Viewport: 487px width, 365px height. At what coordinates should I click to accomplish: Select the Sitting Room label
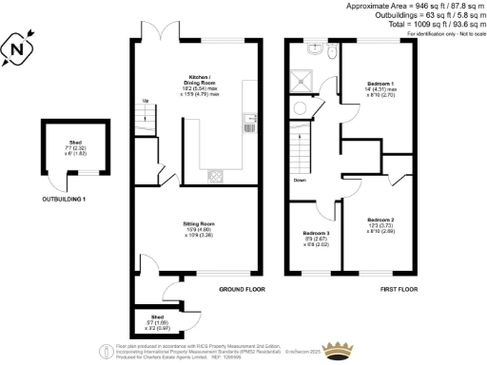coord(195,226)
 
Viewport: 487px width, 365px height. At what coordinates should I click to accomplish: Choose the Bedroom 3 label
coord(317,238)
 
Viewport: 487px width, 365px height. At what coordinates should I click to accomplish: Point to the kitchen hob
coord(215,175)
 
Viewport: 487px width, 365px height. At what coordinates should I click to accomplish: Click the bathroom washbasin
coord(312,47)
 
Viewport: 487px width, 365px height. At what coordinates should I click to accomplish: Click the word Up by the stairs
coord(146,101)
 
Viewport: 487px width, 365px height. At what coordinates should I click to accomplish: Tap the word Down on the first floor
coord(300,179)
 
